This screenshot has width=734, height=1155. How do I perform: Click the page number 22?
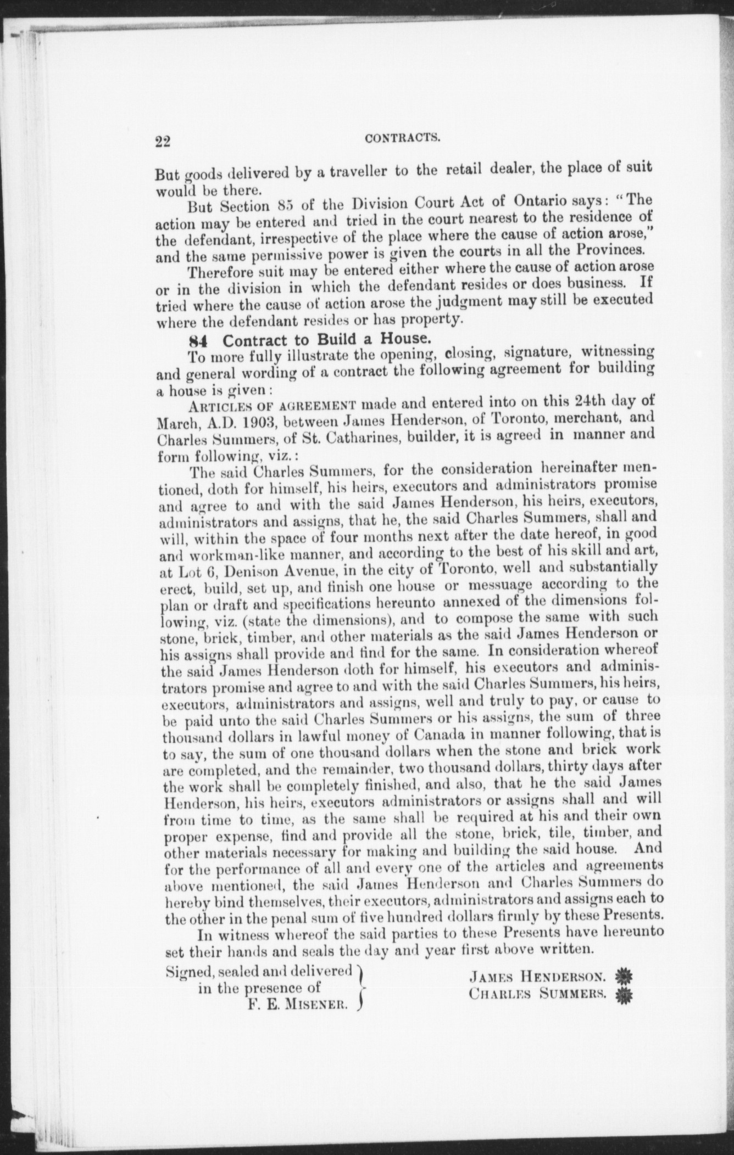[163, 142]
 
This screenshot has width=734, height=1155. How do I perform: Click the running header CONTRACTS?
[403, 138]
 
